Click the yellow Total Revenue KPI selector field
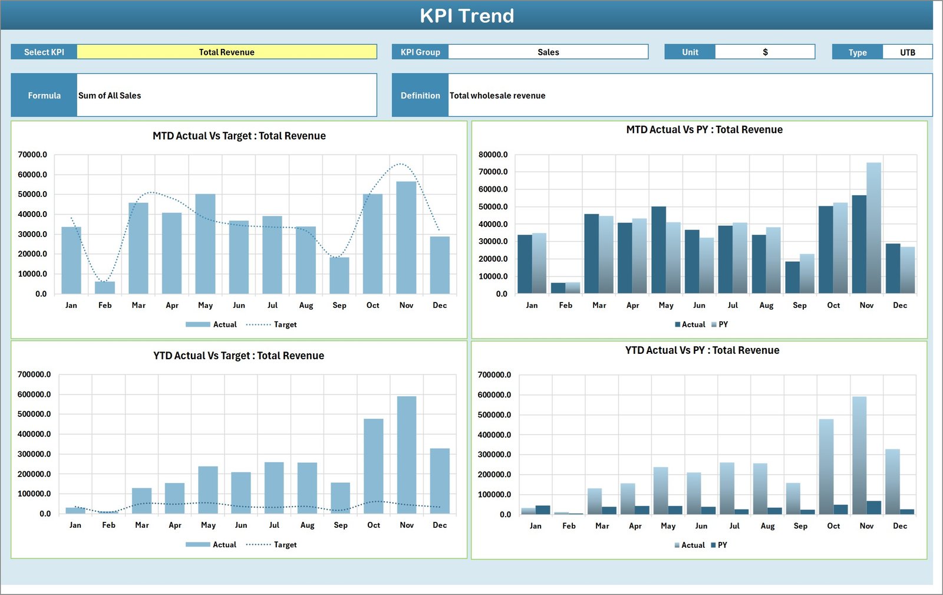pos(227,52)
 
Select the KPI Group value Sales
pos(548,52)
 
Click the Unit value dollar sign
pos(765,52)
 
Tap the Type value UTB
pos(907,52)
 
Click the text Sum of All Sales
pos(110,96)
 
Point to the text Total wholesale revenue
pos(497,96)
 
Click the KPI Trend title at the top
pos(467,15)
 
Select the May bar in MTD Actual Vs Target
pos(205,244)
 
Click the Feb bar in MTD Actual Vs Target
pos(105,288)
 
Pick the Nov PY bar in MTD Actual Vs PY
pos(873,228)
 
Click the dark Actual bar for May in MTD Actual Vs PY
pos(658,249)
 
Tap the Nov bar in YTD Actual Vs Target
pos(407,454)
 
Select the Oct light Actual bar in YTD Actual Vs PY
pos(826,466)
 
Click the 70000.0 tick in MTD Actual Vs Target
pos(32,154)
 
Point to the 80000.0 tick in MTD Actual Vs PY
pos(493,154)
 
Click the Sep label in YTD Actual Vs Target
pos(341,525)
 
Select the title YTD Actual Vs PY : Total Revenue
pos(702,350)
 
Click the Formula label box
pos(44,96)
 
